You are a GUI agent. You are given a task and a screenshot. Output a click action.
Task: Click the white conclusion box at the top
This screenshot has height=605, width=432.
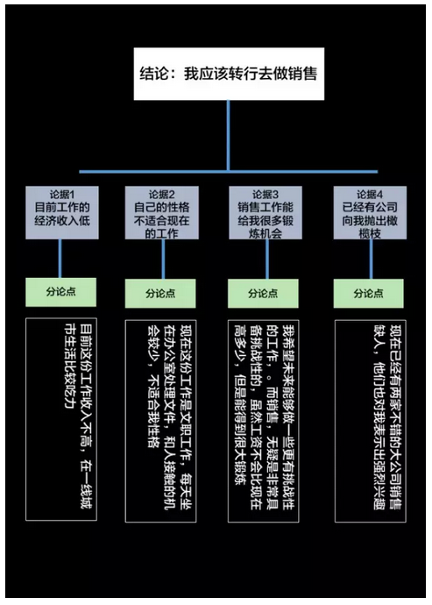point(229,74)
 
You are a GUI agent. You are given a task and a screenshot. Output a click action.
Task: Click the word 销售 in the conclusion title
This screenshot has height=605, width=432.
point(303,74)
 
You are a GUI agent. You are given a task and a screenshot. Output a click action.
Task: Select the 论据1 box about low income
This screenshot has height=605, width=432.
point(62,212)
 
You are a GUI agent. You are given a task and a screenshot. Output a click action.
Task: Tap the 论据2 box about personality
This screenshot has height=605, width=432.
point(161,212)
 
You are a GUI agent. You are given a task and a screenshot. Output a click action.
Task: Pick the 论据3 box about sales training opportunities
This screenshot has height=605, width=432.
point(266,212)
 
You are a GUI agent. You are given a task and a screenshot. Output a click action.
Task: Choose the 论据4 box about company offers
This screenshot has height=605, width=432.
point(370,212)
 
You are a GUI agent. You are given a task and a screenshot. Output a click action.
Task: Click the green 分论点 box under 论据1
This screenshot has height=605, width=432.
point(61,292)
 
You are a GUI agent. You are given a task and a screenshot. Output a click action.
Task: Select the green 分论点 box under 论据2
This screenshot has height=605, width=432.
point(160,294)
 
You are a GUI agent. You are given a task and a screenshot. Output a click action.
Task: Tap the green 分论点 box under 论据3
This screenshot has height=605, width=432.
point(263,294)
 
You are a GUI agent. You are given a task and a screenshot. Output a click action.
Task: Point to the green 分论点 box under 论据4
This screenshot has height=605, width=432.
point(369,294)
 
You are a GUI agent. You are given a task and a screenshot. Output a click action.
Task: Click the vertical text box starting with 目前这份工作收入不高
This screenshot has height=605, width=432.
point(61,419)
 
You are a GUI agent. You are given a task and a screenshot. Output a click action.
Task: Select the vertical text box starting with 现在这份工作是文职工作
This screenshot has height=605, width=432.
point(160,421)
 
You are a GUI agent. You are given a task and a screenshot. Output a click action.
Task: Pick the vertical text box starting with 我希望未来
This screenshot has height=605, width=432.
point(264,421)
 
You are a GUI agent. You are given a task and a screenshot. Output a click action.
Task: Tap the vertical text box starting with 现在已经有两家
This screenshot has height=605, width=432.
point(371,421)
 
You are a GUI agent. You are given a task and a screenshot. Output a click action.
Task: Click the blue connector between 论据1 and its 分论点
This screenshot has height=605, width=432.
point(60,259)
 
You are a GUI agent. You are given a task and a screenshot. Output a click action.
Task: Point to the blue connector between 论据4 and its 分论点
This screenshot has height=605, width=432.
point(371,260)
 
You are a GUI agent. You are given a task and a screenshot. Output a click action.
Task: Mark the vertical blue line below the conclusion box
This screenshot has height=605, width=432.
point(229,136)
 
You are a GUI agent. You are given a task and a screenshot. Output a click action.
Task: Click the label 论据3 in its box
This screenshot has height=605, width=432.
point(266,195)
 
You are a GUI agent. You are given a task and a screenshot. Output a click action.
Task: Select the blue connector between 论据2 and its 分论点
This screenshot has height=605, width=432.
point(163,260)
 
